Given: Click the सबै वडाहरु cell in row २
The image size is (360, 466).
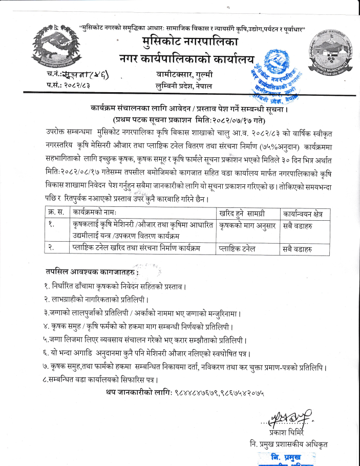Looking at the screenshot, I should click(297, 249).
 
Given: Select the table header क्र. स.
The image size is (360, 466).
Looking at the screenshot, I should click(54, 212).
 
